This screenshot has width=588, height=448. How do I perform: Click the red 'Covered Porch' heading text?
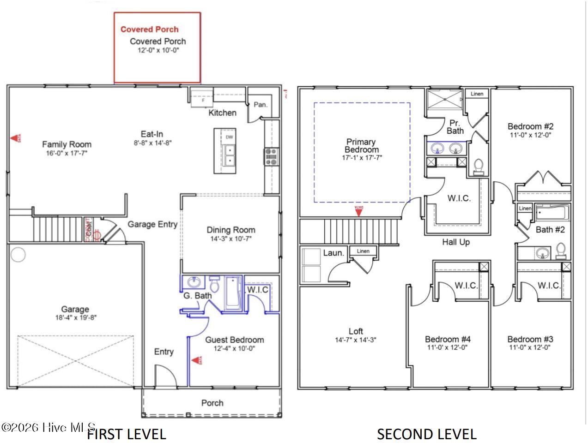point(149,30)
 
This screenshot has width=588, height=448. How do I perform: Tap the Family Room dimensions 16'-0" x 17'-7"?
point(67,153)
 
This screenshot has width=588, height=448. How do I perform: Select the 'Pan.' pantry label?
point(261,105)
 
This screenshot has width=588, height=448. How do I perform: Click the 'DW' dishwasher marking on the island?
point(229,137)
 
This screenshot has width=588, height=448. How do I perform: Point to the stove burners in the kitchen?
point(271,156)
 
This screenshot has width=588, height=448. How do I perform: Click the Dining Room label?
point(230,230)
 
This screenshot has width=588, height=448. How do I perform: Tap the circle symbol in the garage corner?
point(18,255)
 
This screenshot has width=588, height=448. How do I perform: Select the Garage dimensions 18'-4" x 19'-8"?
point(75,317)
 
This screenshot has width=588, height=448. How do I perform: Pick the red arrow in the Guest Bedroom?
point(197,360)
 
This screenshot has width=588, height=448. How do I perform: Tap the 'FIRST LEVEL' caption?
point(127,434)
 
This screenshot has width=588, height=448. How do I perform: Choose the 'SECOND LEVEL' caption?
point(426,434)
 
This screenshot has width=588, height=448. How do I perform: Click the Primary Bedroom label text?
point(361,146)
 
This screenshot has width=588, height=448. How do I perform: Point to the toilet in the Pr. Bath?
point(479,166)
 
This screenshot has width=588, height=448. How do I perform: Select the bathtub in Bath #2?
point(552,213)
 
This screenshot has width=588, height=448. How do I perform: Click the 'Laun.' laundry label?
point(333,253)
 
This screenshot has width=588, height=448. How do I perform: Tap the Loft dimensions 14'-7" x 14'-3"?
point(356,340)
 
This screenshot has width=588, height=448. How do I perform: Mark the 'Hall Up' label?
point(455,242)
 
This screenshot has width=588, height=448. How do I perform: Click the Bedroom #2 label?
point(530,126)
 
